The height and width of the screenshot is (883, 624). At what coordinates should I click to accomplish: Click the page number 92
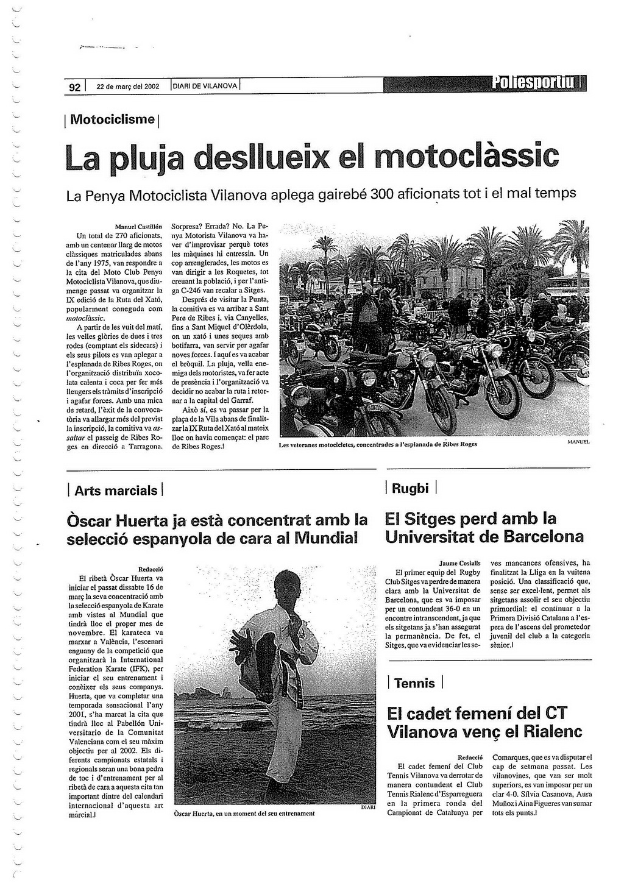(74, 87)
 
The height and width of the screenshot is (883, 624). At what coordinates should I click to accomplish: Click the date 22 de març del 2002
(128, 87)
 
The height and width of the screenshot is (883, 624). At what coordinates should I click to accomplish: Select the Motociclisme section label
(113, 119)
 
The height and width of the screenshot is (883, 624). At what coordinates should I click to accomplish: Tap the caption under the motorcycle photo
(378, 444)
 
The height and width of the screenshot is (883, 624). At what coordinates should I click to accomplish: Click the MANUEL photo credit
(578, 441)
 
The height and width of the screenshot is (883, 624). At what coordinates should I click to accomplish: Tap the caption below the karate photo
(244, 813)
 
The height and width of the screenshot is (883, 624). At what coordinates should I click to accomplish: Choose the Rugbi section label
(411, 488)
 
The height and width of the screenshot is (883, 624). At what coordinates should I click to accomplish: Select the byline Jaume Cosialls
(459, 563)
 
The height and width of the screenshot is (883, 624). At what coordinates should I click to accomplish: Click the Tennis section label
(414, 683)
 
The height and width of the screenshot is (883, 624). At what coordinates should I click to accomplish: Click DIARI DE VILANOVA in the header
(205, 87)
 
